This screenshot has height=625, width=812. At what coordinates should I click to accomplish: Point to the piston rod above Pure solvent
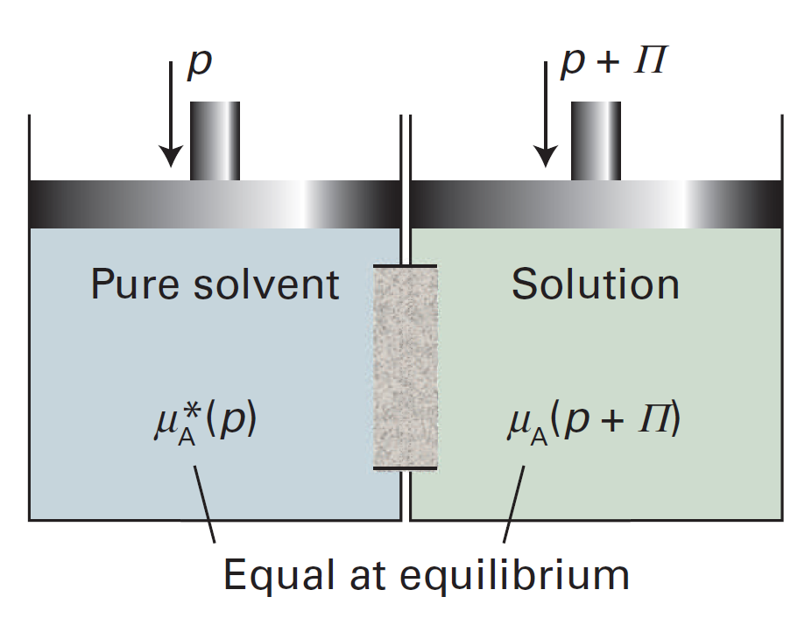coord(215,140)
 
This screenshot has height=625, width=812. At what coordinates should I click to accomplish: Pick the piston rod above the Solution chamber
coord(596,140)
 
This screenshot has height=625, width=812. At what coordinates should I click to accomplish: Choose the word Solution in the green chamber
coord(596,284)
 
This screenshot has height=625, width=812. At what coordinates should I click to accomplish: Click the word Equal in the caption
coord(272,575)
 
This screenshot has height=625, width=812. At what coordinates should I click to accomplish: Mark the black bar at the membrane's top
coord(405,265)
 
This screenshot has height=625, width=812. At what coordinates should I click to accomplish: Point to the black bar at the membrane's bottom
coord(405,468)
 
